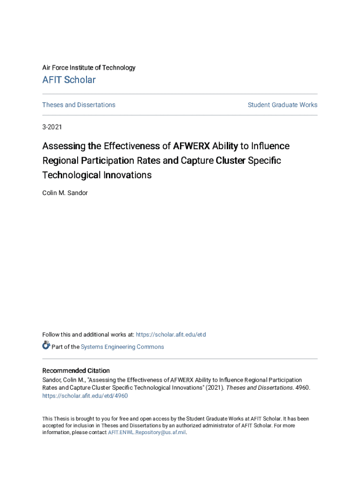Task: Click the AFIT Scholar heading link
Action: click(x=69, y=80)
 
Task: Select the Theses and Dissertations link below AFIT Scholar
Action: click(x=79, y=105)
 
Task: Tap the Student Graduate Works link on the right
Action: click(x=282, y=105)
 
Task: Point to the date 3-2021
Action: click(x=52, y=127)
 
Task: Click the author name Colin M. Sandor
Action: click(x=65, y=193)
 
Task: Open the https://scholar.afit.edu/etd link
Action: click(x=171, y=335)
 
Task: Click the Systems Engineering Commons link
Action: click(x=122, y=347)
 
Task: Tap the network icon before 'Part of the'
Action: click(x=46, y=346)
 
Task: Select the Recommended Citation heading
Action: click(x=76, y=370)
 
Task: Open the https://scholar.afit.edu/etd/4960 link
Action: click(x=85, y=396)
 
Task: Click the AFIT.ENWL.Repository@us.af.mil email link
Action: click(x=147, y=433)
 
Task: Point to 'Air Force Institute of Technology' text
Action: click(x=89, y=68)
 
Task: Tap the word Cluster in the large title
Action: click(x=230, y=161)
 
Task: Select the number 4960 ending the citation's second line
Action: click(x=303, y=388)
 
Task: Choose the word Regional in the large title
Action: click(x=59, y=161)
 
